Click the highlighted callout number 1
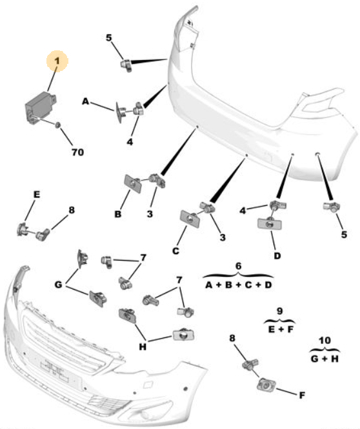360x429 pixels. point(57,61)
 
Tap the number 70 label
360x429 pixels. point(77,152)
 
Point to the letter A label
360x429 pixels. point(86,102)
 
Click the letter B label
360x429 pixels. point(118,214)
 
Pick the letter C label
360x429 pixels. point(175,250)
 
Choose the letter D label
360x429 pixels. point(277,256)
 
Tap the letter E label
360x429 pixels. point(36,194)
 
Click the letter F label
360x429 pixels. point(302,395)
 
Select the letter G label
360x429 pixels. point(58,284)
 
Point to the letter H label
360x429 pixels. point(143,347)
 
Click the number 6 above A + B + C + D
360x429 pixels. point(238,266)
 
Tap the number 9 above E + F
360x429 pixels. point(279,311)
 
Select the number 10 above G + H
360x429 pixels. point(325,341)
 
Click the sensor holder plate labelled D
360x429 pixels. point(270,223)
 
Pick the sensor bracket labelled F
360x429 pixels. point(266,385)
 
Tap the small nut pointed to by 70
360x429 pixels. point(57,125)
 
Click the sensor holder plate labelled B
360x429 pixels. point(133,184)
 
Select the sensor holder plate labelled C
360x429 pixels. point(190,219)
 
